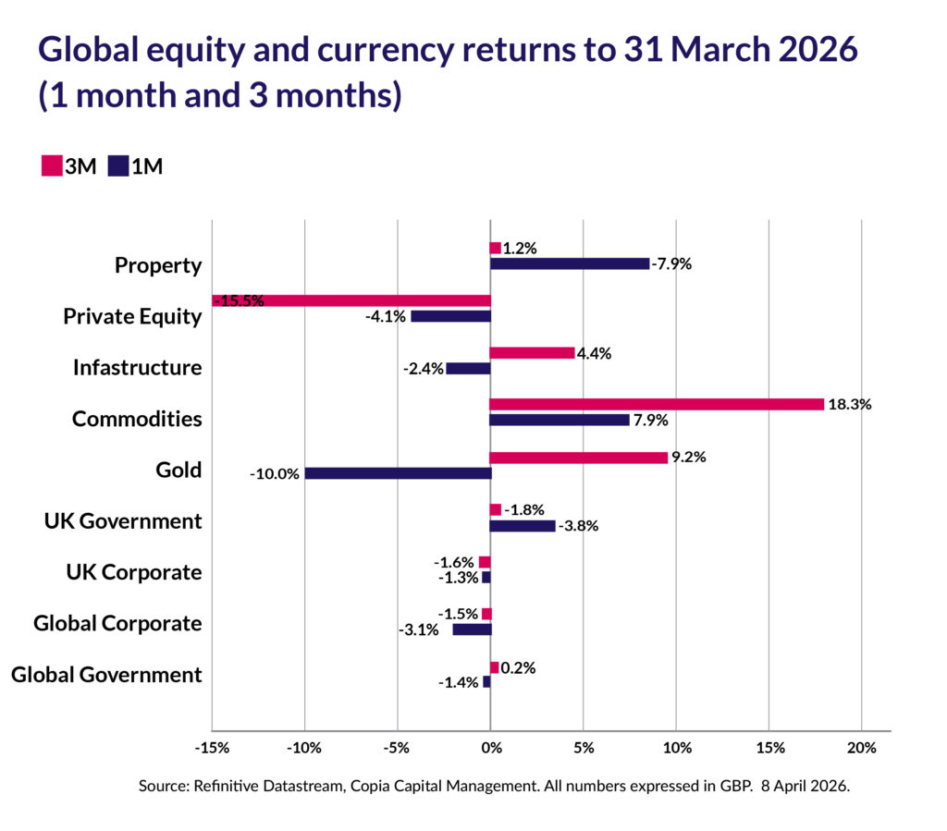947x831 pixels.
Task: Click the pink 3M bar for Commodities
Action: click(656, 404)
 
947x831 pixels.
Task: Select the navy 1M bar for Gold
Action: click(398, 473)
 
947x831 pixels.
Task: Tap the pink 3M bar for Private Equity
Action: click(351, 300)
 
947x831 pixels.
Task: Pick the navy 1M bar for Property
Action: click(570, 263)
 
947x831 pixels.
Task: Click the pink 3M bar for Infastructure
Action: click(532, 352)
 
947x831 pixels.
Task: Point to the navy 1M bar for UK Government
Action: click(523, 526)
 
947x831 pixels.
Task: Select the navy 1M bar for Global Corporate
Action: click(472, 629)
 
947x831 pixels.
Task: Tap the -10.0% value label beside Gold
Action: click(274, 474)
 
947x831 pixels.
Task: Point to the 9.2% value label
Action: click(689, 457)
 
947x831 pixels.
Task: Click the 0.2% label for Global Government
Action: click(519, 667)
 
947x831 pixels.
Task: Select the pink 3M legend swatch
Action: click(51, 166)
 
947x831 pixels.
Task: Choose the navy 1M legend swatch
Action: click(118, 166)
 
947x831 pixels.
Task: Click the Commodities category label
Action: click(137, 419)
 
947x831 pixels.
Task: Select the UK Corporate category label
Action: click(134, 572)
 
